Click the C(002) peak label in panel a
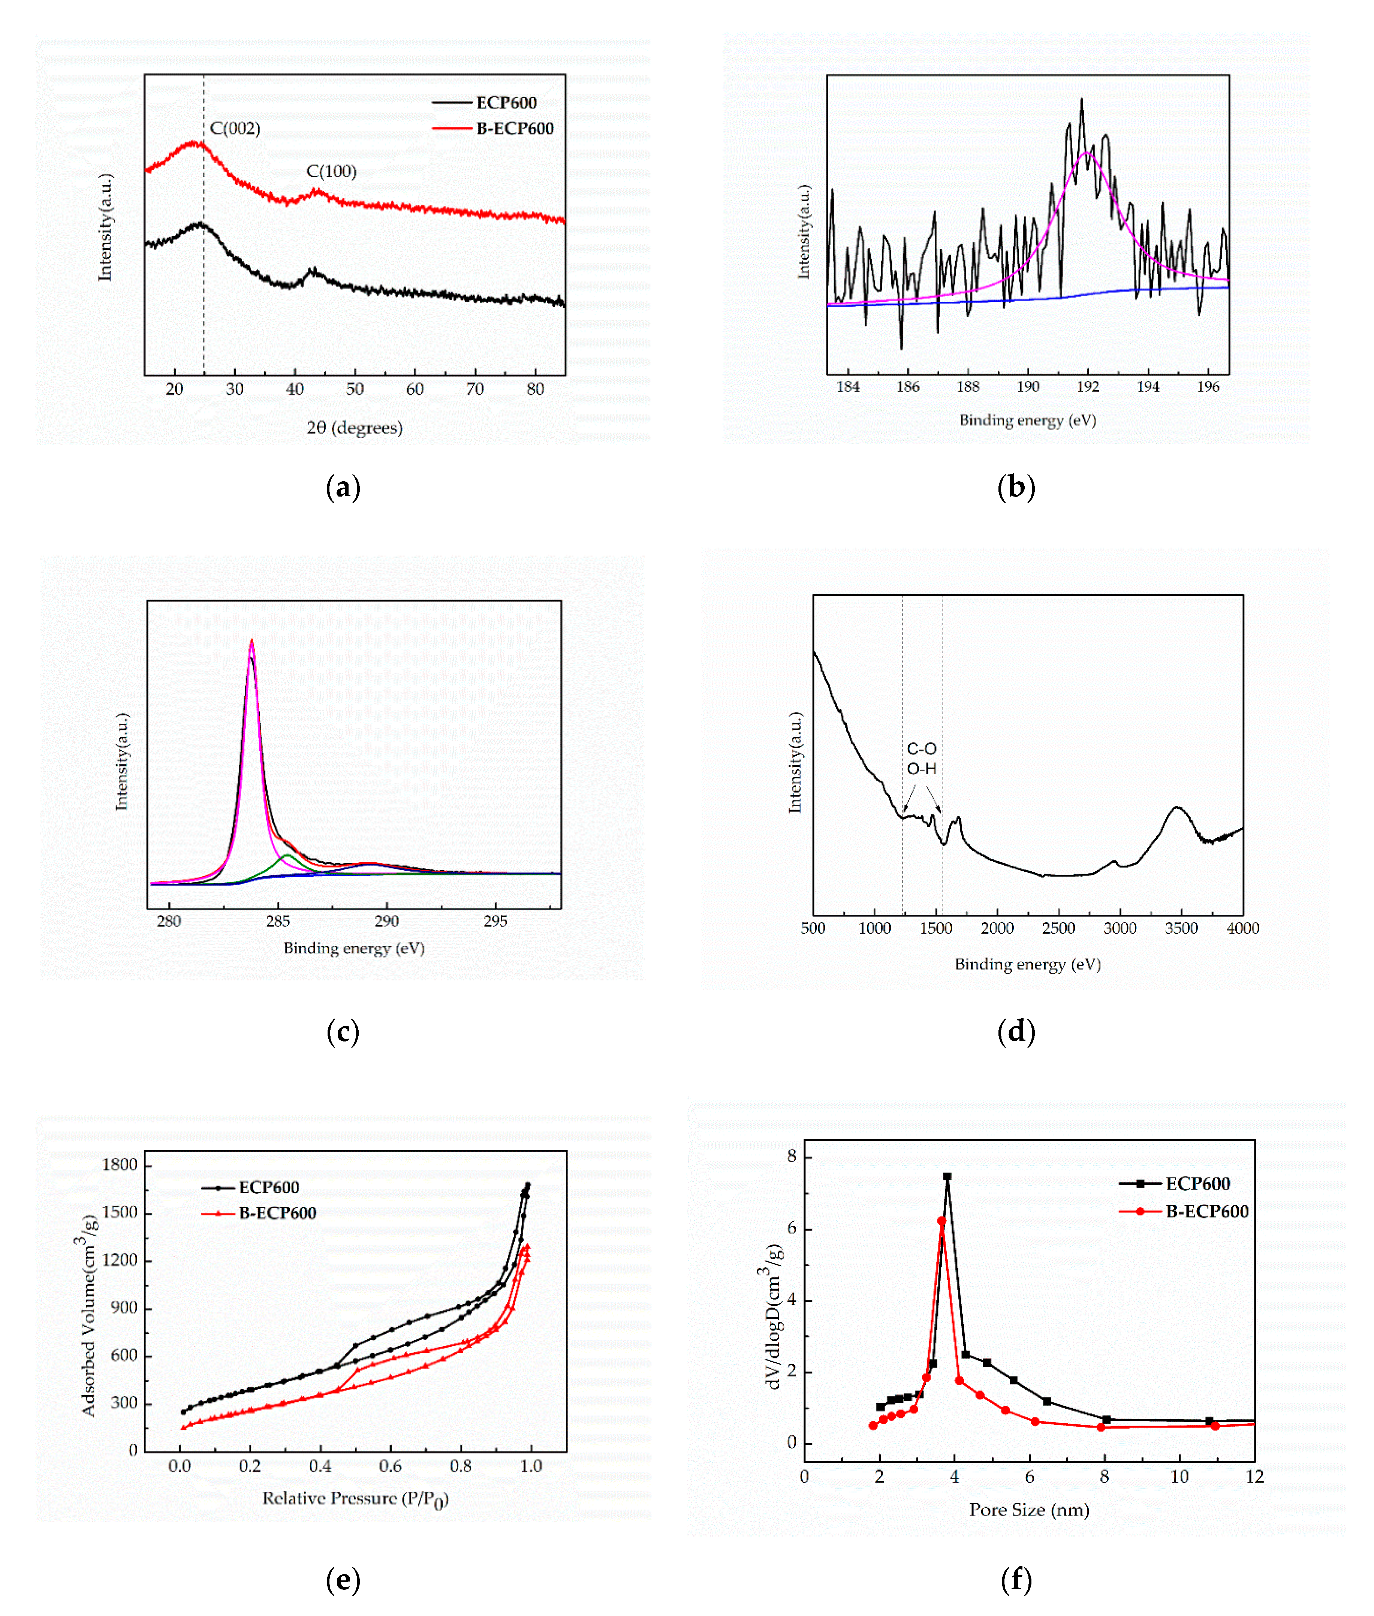pyautogui.click(x=235, y=129)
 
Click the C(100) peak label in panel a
pyautogui.click(x=331, y=171)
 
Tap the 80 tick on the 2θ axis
pyautogui.click(x=535, y=389)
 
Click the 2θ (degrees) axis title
pyautogui.click(x=355, y=428)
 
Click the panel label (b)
pyautogui.click(x=1016, y=488)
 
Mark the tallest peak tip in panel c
pyautogui.click(x=251, y=641)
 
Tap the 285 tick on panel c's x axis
pyautogui.click(x=278, y=921)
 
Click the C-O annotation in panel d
pyautogui.click(x=922, y=749)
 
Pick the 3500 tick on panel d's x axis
pyautogui.click(x=1181, y=928)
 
